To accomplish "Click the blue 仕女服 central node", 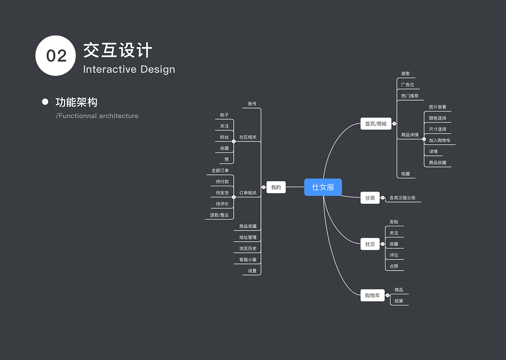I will coord(323,187).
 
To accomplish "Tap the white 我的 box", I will coord(276,187).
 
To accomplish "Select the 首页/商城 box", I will coord(376,124).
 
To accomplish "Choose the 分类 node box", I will coord(370,198).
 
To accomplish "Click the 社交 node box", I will coord(370,244).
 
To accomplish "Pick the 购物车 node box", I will coord(372,296).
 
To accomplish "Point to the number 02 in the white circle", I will coord(56,56).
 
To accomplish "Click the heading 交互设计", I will coord(118,51).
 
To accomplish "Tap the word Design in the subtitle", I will coord(157,69).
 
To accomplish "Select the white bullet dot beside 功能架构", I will coord(45,102).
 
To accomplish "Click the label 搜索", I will coord(406,74).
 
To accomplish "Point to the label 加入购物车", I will coord(440,140).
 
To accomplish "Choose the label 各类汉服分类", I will coord(402,198).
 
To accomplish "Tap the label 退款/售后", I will coord(219,215).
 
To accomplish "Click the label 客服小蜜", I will coord(248,260).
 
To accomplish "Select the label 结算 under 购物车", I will coord(399,301).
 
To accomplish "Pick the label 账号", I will coord(252,104).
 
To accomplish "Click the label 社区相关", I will coord(248,137).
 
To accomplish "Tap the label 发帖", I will coord(394,222).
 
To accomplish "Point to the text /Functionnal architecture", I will coord(97,116).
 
